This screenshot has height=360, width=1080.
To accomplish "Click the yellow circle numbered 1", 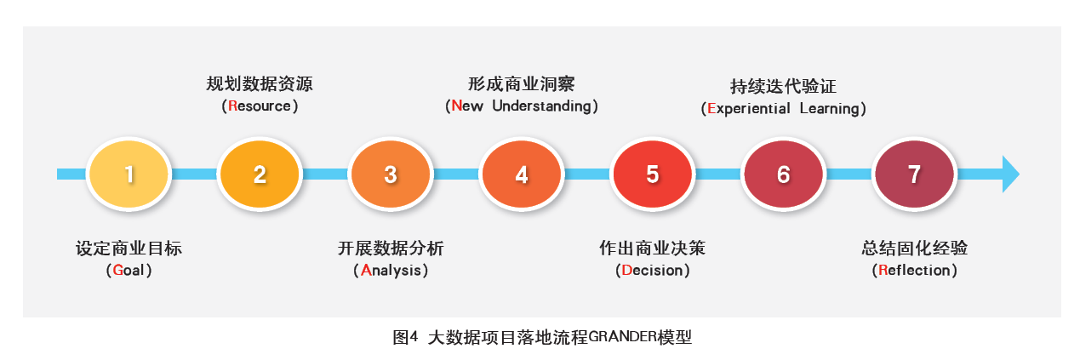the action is tap(129, 174).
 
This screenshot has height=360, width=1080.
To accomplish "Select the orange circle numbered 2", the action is tap(260, 174).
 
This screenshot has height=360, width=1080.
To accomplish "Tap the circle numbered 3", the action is tap(391, 174).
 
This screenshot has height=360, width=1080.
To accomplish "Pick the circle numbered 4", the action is tap(522, 174).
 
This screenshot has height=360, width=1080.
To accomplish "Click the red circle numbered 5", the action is tap(652, 174).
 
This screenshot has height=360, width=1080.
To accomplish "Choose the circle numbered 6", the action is tap(784, 174).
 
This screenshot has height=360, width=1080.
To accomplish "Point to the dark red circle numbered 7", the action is tap(915, 174).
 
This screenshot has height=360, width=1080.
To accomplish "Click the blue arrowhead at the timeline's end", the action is tap(1010, 174).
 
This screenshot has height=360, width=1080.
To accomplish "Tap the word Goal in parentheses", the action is tap(129, 270).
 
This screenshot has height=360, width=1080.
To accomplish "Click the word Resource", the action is tap(260, 106).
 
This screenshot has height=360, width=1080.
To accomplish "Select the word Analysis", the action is tap(391, 271).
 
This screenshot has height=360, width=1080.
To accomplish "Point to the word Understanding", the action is tap(541, 106).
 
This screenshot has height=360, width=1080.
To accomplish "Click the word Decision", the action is tap(652, 270).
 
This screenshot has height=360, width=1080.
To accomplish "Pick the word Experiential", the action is tap(749, 108).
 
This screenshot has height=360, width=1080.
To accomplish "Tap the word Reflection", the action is tap(915, 270).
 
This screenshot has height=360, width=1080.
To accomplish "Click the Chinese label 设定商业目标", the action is tap(129, 249).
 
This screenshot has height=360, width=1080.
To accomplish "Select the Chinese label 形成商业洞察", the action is tap(521, 84).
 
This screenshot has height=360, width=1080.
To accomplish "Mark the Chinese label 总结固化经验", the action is tap(915, 248).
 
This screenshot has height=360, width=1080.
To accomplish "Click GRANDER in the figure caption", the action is tap(622, 336).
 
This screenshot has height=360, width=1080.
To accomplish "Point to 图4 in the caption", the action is tap(405, 337).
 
